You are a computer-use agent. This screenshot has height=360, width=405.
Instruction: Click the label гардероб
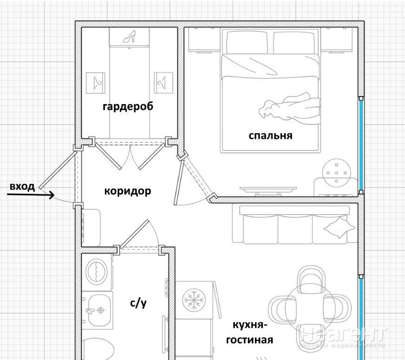click(x=128, y=106)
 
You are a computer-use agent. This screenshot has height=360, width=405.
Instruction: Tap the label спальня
click(x=270, y=136)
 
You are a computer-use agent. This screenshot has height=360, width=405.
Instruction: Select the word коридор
click(x=127, y=191)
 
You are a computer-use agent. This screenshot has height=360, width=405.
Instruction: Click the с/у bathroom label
click(x=138, y=304)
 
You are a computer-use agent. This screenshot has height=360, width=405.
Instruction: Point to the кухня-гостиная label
click(x=249, y=333)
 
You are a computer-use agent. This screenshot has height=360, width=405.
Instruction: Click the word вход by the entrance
click(x=22, y=187)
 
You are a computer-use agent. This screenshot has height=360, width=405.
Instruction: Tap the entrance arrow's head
click(x=52, y=196)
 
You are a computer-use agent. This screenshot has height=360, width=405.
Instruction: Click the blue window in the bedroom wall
click(x=361, y=144)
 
